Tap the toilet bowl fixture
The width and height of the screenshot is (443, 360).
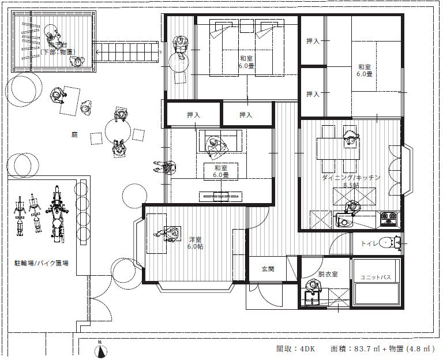[395, 243]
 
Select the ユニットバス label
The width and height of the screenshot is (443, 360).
[376, 277]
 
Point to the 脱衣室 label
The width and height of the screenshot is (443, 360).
[327, 274]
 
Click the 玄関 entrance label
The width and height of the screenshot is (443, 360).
[268, 268]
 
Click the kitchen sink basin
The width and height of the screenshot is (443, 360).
[346, 222]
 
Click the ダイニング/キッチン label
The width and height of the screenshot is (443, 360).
[351, 178]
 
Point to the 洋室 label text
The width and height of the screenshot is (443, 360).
[195, 239]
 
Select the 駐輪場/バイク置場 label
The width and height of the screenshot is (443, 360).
[42, 262]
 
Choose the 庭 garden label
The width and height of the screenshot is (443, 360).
[74, 134]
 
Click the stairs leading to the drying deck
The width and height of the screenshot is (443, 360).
[127, 53]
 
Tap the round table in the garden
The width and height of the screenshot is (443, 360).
[117, 129]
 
